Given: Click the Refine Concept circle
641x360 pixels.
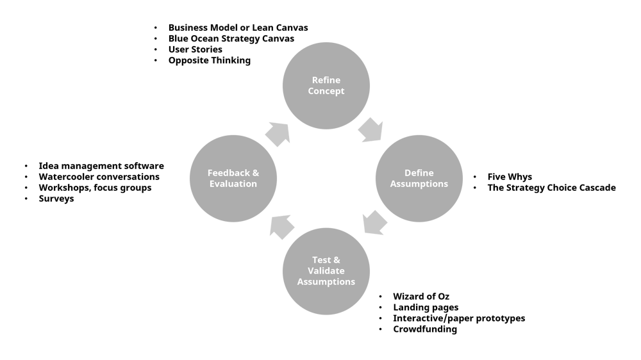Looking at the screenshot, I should pyautogui.click(x=326, y=86).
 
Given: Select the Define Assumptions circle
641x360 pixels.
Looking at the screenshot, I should pyautogui.click(x=418, y=179).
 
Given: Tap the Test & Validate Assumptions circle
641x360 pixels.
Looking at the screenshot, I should pyautogui.click(x=326, y=271).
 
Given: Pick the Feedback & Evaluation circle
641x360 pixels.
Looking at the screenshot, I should pyautogui.click(x=233, y=179).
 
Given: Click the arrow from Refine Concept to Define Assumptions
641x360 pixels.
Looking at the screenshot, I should pyautogui.click(x=370, y=129).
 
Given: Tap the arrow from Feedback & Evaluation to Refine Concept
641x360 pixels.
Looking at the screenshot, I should pyautogui.click(x=278, y=134).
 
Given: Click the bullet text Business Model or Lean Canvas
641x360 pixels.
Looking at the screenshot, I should pyautogui.click(x=238, y=28).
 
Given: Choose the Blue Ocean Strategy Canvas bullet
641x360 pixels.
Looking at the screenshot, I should pyautogui.click(x=231, y=39).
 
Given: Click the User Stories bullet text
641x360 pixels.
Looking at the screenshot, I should pyautogui.click(x=196, y=50).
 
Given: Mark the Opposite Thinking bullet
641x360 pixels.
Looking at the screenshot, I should pyautogui.click(x=210, y=61).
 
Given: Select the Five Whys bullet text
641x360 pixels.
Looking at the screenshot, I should pyautogui.click(x=510, y=177).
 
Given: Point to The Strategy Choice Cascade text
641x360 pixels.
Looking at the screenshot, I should pyautogui.click(x=551, y=188).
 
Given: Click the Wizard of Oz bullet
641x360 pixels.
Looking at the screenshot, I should pyautogui.click(x=421, y=297).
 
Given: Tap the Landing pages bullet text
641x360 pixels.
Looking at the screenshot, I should pyautogui.click(x=426, y=307).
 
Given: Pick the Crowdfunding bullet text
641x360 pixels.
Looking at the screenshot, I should pyautogui.click(x=425, y=329).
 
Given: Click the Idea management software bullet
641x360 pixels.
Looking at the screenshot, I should pyautogui.click(x=101, y=166).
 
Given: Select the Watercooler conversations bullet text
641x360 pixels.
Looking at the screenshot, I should pyautogui.click(x=99, y=177).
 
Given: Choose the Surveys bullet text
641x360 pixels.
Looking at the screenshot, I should pyautogui.click(x=56, y=199).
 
